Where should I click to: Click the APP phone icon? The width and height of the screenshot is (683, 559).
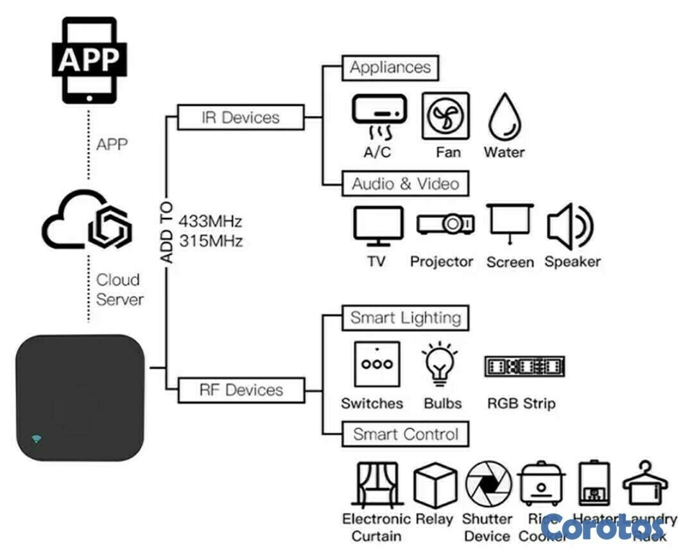(89, 60)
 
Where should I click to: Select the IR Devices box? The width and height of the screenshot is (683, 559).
(241, 117)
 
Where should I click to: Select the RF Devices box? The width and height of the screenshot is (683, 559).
(241, 390)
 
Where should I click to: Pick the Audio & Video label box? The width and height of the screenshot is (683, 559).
(405, 184)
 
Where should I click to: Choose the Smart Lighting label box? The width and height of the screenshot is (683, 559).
(405, 318)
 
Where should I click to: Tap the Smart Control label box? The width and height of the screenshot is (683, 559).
(405, 434)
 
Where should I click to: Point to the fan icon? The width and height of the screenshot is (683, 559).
(445, 116)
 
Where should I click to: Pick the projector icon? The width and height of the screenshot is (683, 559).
(445, 224)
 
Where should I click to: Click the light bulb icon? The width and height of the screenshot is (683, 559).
(440, 365)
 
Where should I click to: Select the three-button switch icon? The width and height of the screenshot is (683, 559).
(377, 364)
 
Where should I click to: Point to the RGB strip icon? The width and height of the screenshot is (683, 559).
(524, 366)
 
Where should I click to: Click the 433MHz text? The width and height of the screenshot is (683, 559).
(211, 222)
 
